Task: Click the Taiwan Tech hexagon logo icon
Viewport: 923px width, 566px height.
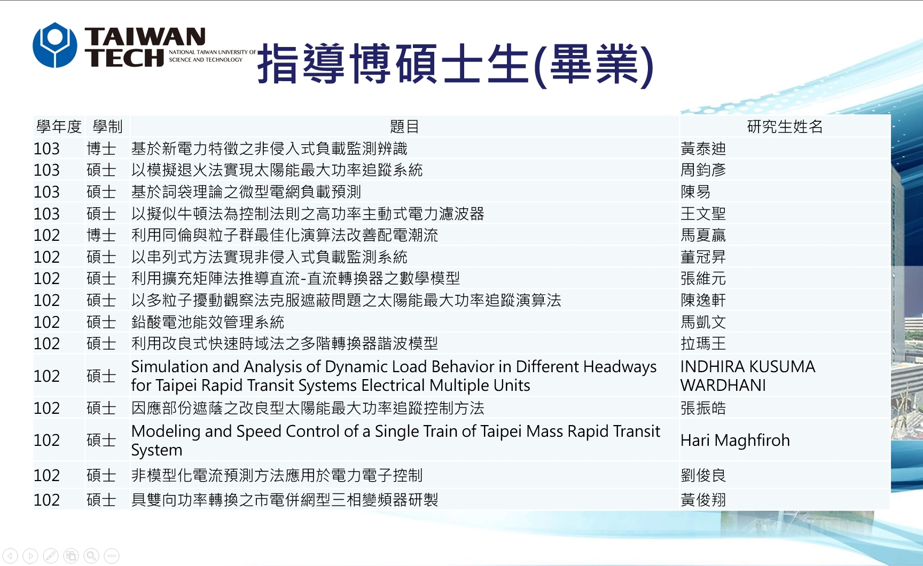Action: pos(55,45)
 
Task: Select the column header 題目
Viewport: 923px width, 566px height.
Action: pos(404,127)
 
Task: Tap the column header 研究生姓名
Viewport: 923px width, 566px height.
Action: pos(785,127)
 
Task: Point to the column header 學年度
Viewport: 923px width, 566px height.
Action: pos(59,127)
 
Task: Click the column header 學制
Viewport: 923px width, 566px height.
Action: pos(107,127)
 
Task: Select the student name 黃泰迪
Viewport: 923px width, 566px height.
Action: pos(703,148)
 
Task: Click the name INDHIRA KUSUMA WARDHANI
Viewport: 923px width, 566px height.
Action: pos(748,376)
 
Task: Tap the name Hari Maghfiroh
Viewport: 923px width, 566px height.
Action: pos(735,440)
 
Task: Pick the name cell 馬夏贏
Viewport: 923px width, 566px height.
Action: pos(703,235)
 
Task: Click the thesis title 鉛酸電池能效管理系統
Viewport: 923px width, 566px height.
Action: pos(208,322)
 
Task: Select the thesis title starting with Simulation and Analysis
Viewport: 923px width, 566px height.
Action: pos(394,376)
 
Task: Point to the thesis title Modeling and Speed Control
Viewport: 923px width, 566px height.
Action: pos(396,441)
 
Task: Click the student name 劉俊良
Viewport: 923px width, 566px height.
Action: pos(703,475)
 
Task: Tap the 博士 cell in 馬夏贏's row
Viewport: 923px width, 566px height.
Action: pos(101,235)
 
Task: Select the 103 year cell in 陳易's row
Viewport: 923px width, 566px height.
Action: pos(46,192)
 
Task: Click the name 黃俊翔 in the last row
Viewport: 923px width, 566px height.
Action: pos(703,500)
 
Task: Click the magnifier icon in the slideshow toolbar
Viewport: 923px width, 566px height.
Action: pos(91,556)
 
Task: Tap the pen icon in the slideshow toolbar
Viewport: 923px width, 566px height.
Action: pos(51,556)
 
